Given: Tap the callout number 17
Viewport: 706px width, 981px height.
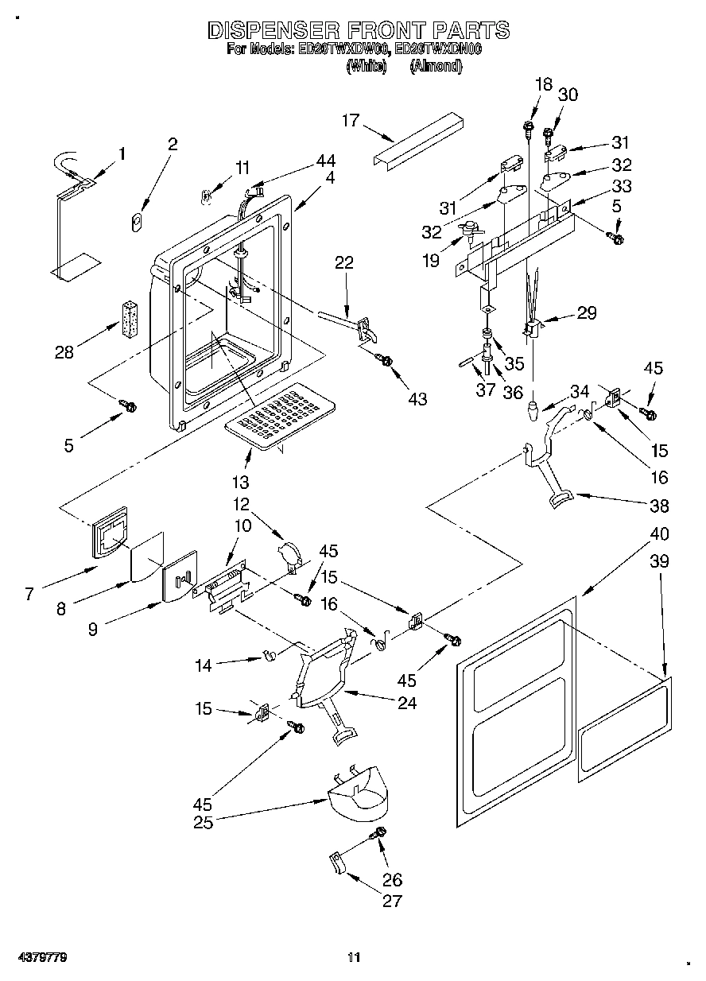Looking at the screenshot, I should pyautogui.click(x=351, y=121).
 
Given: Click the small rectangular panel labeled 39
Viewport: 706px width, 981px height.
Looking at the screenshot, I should pyautogui.click(x=625, y=724).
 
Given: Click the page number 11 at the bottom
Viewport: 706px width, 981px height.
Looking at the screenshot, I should pyautogui.click(x=354, y=957).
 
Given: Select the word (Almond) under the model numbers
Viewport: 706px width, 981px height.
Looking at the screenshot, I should pyautogui.click(x=435, y=67).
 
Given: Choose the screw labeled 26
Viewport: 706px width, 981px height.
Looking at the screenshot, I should pyautogui.click(x=379, y=832).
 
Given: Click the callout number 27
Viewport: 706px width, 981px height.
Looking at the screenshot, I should pyautogui.click(x=392, y=900).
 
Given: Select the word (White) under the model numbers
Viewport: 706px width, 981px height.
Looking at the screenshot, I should pyautogui.click(x=366, y=67).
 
